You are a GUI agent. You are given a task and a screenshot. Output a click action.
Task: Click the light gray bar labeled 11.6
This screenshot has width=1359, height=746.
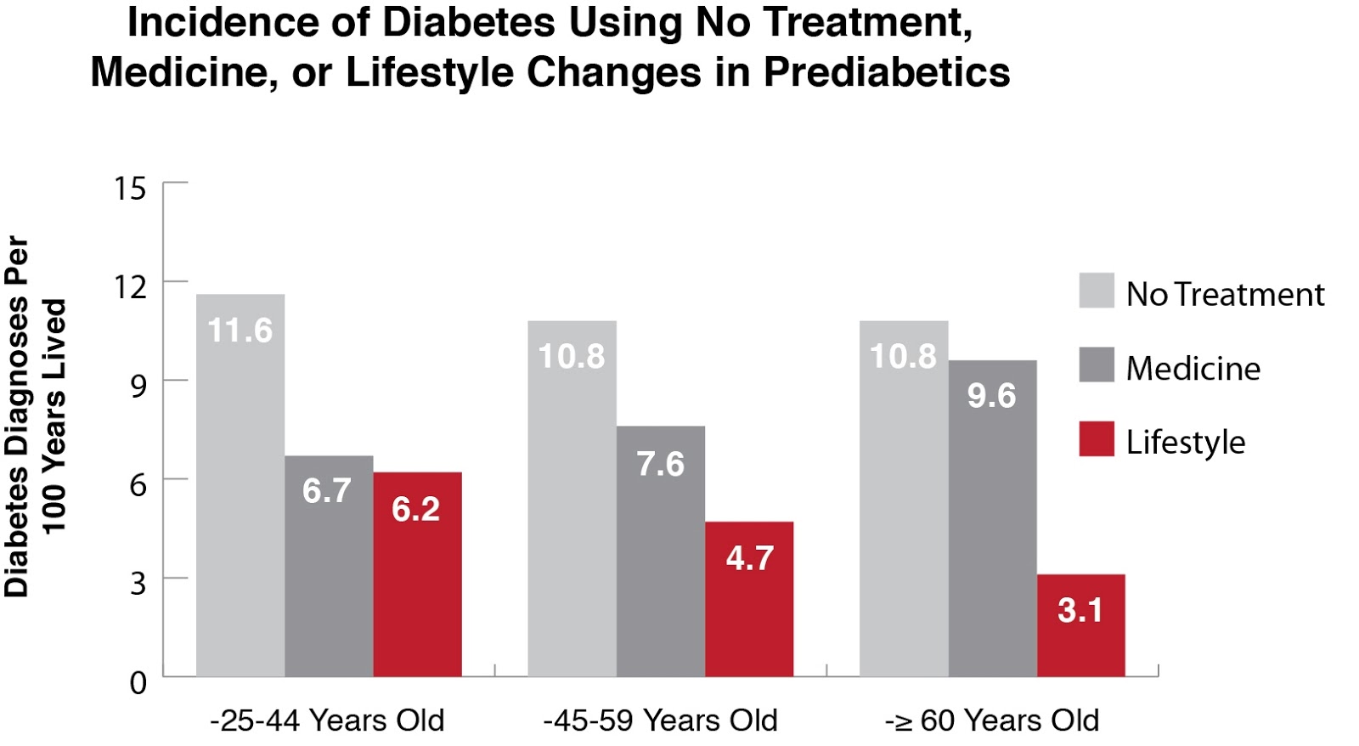coord(240,484)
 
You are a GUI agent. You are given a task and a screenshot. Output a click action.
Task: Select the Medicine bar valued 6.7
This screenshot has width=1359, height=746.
coord(329,566)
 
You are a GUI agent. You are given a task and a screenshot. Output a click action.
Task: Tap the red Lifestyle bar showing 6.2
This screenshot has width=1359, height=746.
coord(417,574)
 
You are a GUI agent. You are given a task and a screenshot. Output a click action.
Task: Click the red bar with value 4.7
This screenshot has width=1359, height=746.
coord(749,599)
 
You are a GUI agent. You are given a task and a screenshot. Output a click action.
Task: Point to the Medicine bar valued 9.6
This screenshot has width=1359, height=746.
coord(992,518)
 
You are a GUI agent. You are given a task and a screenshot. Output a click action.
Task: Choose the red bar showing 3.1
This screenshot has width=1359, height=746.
coord(1080,625)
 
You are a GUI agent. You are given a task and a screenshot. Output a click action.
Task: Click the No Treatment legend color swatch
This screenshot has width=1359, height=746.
coord(1096,291)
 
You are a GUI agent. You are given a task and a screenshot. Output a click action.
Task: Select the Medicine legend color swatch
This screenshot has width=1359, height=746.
coord(1096,365)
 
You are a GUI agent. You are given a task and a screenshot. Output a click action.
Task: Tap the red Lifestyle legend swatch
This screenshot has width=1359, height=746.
coord(1096,438)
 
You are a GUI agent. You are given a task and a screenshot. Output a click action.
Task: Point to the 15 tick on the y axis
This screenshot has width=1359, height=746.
coord(130,189)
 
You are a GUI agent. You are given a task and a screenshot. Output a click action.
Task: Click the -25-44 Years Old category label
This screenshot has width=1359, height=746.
coord(327,721)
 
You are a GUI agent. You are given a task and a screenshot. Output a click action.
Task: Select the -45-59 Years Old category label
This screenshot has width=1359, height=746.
coord(660,721)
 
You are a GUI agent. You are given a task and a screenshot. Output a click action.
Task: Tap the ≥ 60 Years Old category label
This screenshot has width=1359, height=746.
coord(992,721)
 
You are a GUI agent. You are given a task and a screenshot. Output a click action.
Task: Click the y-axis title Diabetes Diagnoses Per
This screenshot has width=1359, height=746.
coord(17,416)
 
